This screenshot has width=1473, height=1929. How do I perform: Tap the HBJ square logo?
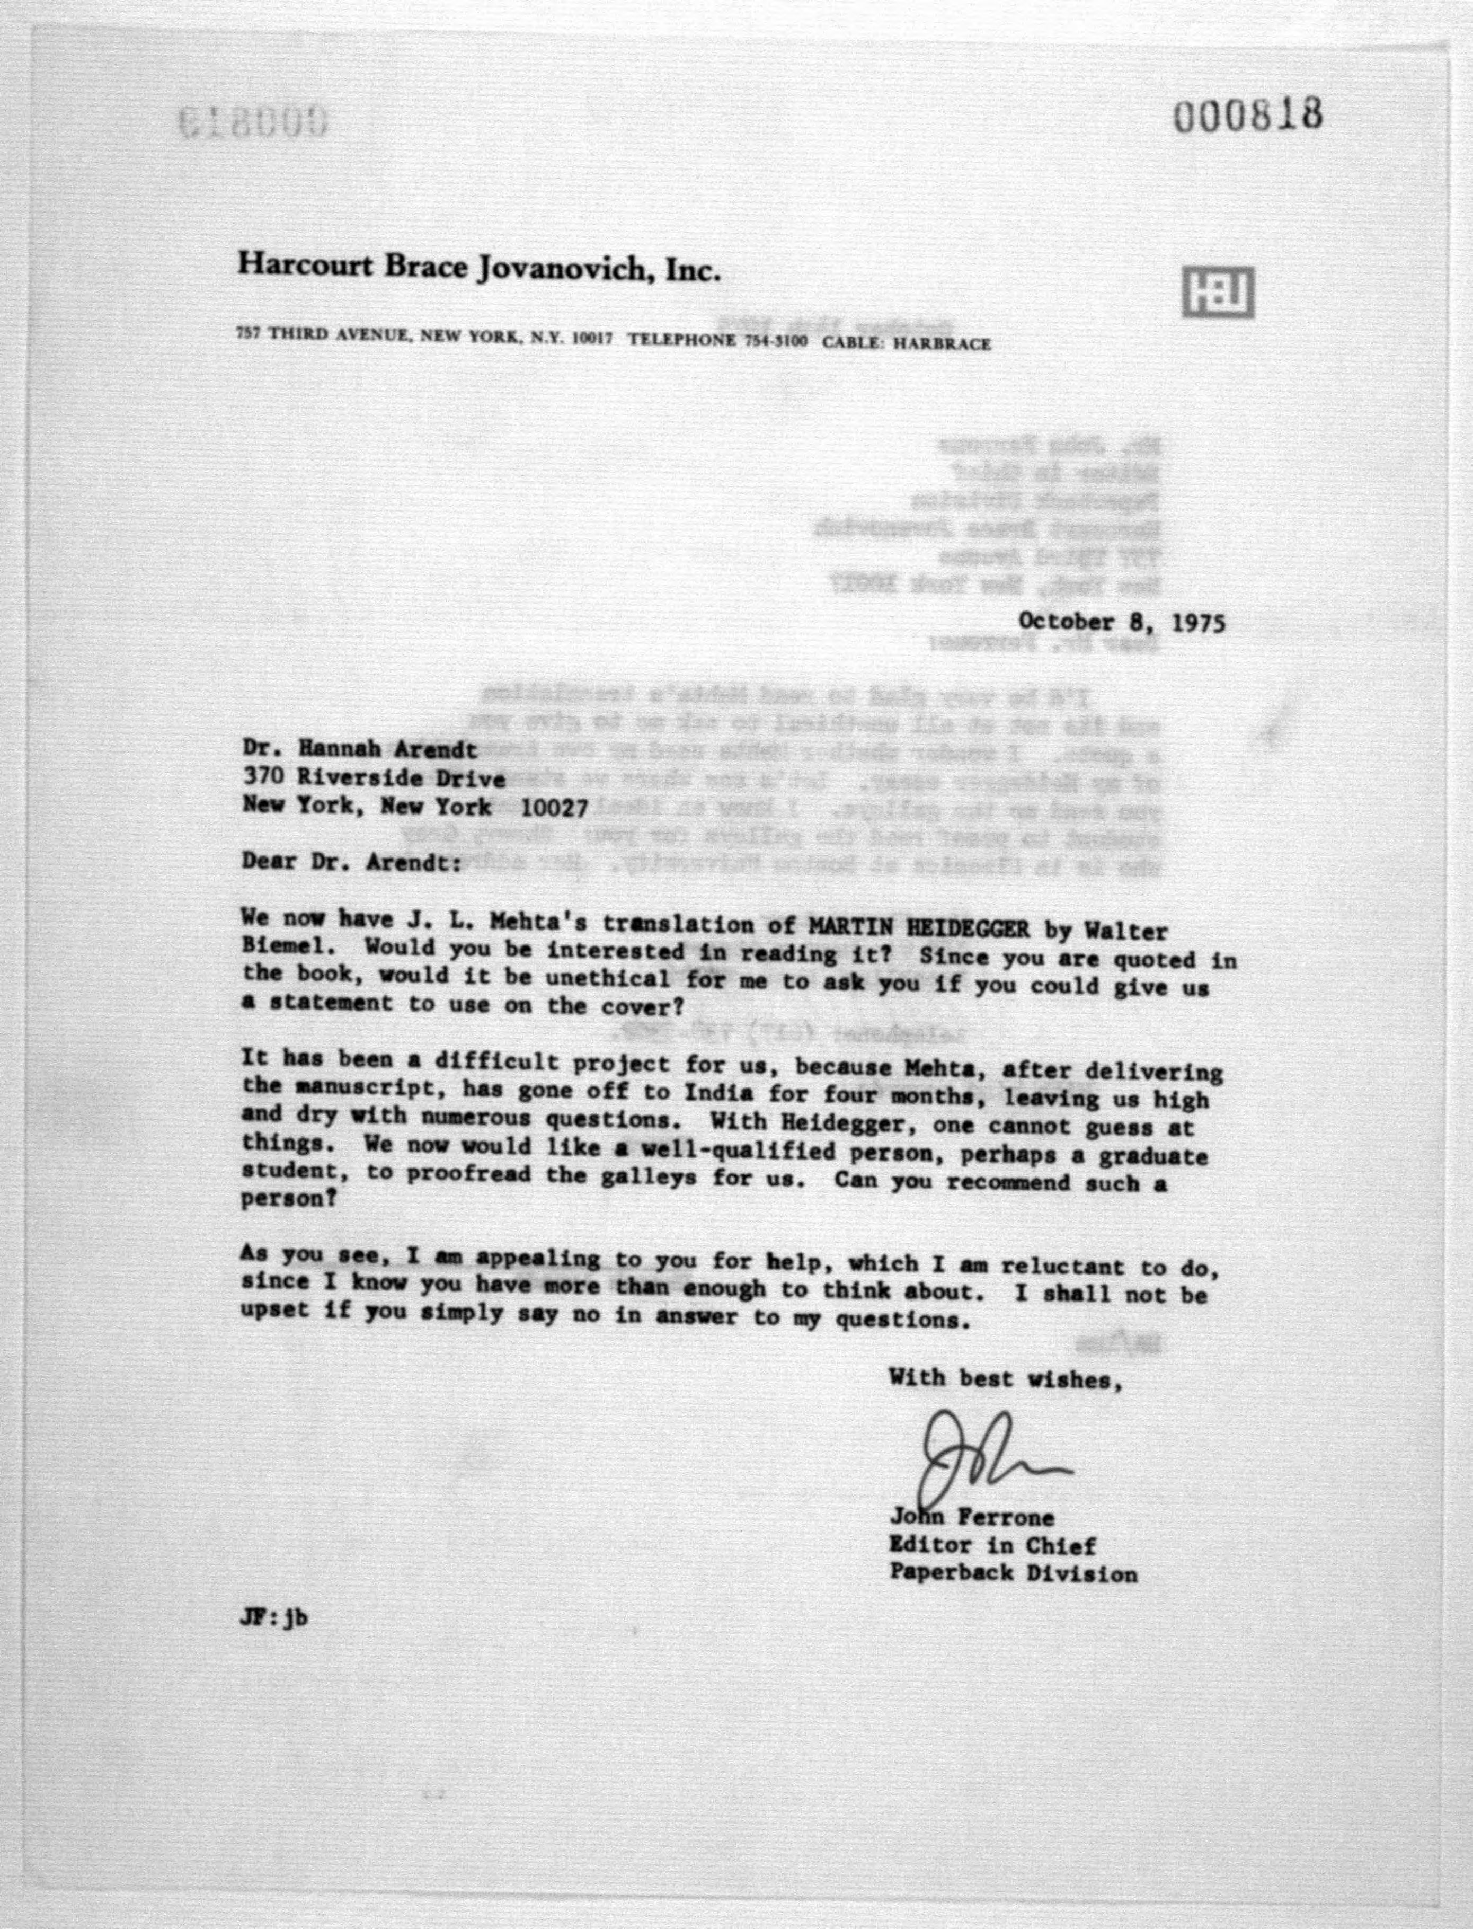coord(1218,292)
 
